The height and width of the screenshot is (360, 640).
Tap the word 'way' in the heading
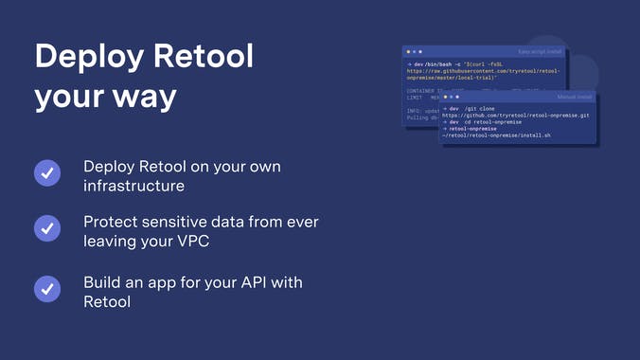(x=147, y=98)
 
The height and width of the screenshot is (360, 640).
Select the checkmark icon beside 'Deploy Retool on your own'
(x=47, y=173)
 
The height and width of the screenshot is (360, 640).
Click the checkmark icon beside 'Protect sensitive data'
(x=47, y=229)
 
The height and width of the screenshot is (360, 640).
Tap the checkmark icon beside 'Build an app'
(x=47, y=289)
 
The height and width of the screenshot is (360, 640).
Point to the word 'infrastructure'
(x=133, y=187)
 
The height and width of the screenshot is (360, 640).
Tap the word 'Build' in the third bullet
(x=102, y=282)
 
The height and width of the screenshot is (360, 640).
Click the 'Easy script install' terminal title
(x=541, y=51)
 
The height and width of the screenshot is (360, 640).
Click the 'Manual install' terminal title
(x=573, y=97)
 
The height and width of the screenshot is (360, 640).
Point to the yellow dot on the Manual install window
(x=451, y=97)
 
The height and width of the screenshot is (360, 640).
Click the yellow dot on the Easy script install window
(x=414, y=51)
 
